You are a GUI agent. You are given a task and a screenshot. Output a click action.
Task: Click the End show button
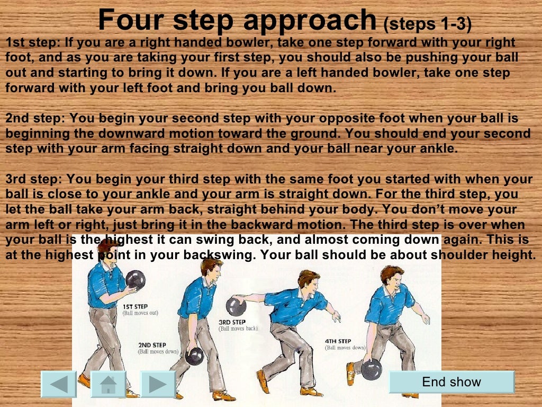click(x=451, y=382)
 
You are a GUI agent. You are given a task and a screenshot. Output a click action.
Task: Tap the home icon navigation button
click(x=109, y=384)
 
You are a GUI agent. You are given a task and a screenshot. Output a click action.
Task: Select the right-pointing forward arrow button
click(x=158, y=384)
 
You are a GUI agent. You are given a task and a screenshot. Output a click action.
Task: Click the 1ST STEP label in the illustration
click(x=135, y=306)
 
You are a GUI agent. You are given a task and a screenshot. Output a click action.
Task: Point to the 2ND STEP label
click(x=152, y=345)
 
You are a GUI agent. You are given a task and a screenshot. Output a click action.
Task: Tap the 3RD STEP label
click(x=232, y=322)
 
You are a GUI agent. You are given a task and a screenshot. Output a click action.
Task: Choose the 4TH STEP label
click(x=338, y=341)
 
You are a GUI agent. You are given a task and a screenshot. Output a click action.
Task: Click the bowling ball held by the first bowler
click(x=135, y=280)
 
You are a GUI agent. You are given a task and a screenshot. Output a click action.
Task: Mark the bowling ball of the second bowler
click(x=194, y=356)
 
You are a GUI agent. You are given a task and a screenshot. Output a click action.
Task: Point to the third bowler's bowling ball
click(x=236, y=306)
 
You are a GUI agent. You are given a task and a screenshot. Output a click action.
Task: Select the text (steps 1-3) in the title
click(x=427, y=24)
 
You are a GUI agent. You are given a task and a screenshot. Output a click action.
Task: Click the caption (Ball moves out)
click(x=140, y=313)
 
